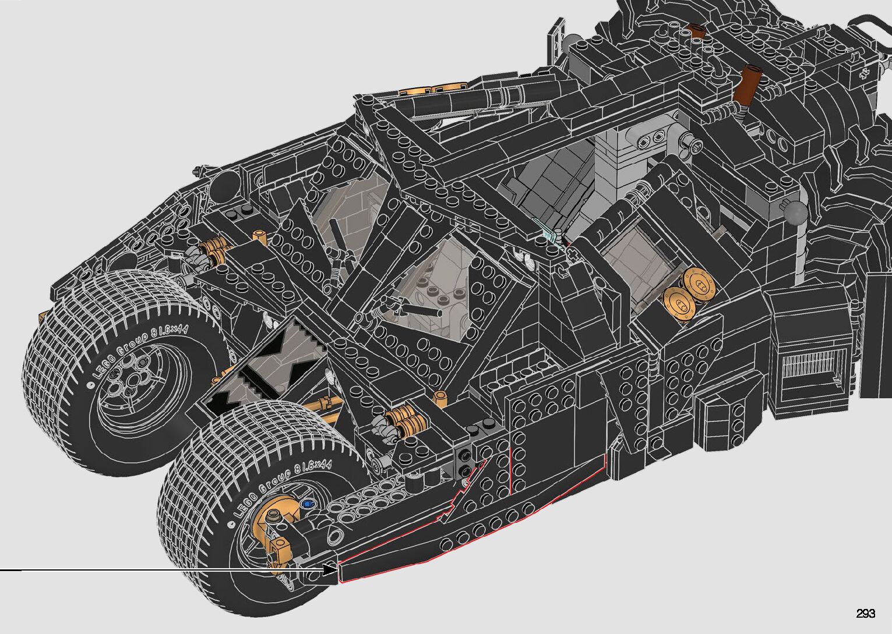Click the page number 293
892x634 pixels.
coord(865,613)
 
